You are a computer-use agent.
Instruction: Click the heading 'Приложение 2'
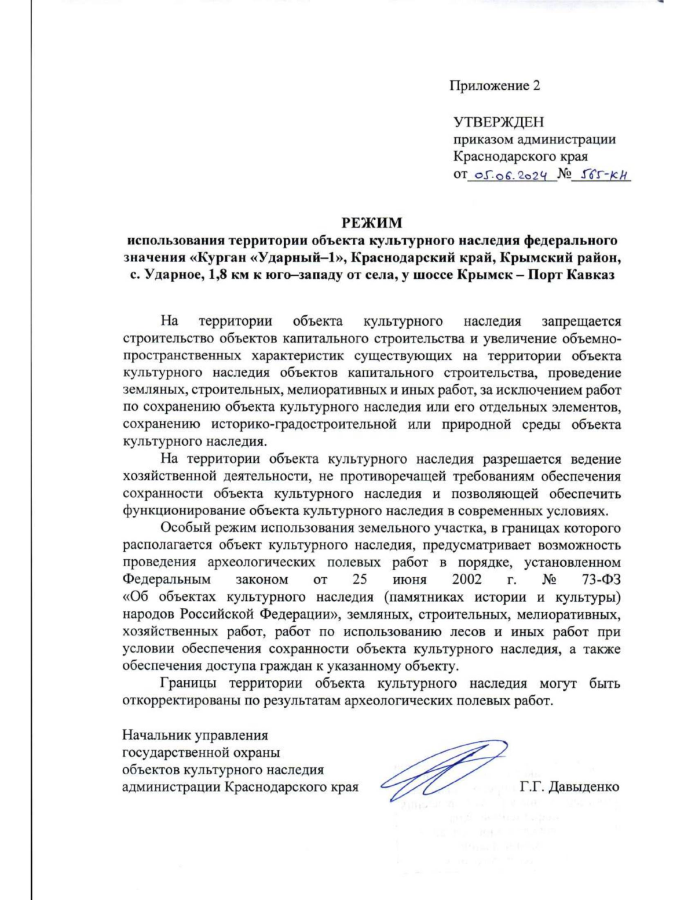point(495,86)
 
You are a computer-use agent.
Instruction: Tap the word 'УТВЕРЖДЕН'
point(498,122)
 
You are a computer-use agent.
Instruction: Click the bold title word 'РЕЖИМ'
point(371,223)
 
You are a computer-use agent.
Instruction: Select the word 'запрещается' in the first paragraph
point(580,321)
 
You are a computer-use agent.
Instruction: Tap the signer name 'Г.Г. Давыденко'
point(569,787)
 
